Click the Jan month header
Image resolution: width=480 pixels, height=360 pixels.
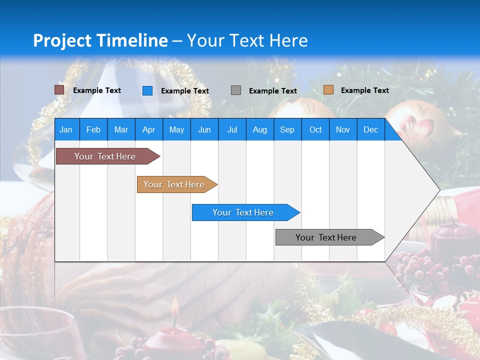click(x=66, y=129)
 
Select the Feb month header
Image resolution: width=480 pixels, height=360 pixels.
click(x=93, y=129)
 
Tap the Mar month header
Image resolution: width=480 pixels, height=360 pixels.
click(x=121, y=129)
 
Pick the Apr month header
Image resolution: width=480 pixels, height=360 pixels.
click(x=148, y=129)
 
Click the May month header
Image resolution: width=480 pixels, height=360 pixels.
click(x=176, y=129)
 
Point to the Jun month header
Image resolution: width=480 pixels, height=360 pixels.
click(x=204, y=129)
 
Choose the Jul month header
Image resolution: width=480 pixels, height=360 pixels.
click(x=232, y=129)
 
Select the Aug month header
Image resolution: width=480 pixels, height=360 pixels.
click(x=259, y=129)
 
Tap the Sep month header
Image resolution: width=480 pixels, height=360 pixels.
click(x=287, y=129)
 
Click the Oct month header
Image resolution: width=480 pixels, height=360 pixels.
click(x=315, y=129)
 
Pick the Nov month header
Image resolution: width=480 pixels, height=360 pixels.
click(x=343, y=129)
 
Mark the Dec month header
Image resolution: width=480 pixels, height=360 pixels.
click(x=370, y=129)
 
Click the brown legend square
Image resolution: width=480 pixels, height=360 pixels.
click(x=59, y=90)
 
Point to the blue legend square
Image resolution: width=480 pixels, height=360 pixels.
click(x=147, y=90)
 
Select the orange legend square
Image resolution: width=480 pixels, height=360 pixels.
click(x=328, y=90)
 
